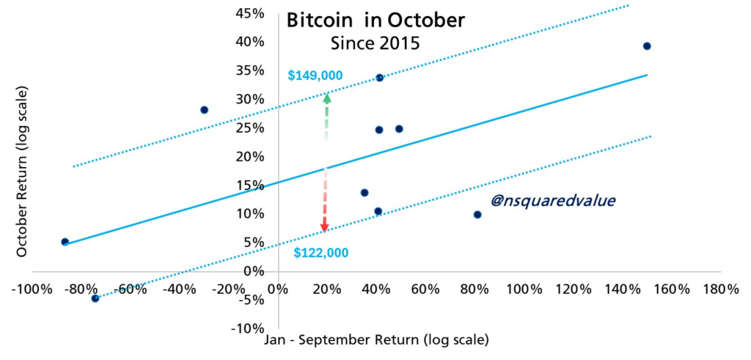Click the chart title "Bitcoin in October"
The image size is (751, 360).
[375, 20]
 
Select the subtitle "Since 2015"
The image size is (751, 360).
[375, 43]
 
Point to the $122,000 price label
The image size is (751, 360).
[320, 253]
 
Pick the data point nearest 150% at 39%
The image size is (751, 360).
[646, 46]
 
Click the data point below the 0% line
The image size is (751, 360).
[95, 298]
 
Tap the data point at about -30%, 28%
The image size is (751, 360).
[204, 110]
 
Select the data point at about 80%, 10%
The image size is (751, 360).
[477, 215]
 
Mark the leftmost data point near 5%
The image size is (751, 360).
[65, 241]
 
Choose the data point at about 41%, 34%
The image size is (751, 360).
[379, 78]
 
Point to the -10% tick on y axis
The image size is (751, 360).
[248, 328]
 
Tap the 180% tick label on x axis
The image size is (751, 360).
[720, 288]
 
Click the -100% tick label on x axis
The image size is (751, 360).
[32, 288]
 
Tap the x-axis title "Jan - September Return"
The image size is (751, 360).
[375, 340]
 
